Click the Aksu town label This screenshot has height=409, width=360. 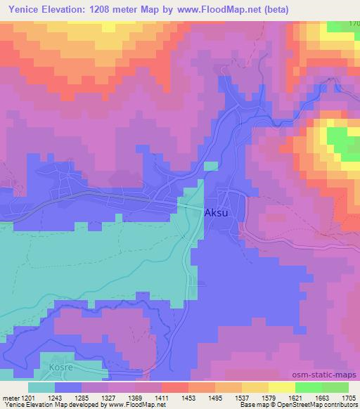tap(216, 212)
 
